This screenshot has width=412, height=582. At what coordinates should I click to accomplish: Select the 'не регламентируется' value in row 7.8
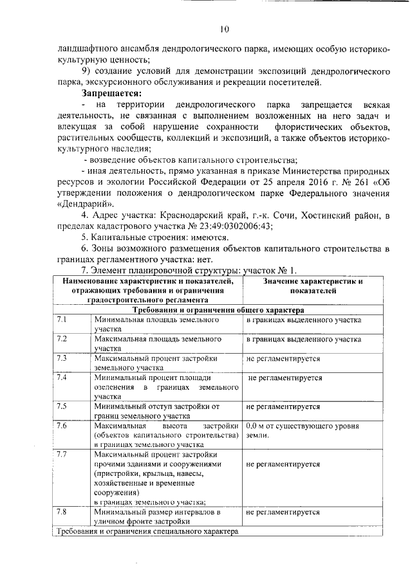(x=283, y=512)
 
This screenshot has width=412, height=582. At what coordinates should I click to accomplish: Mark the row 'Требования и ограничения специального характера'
(x=147, y=532)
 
